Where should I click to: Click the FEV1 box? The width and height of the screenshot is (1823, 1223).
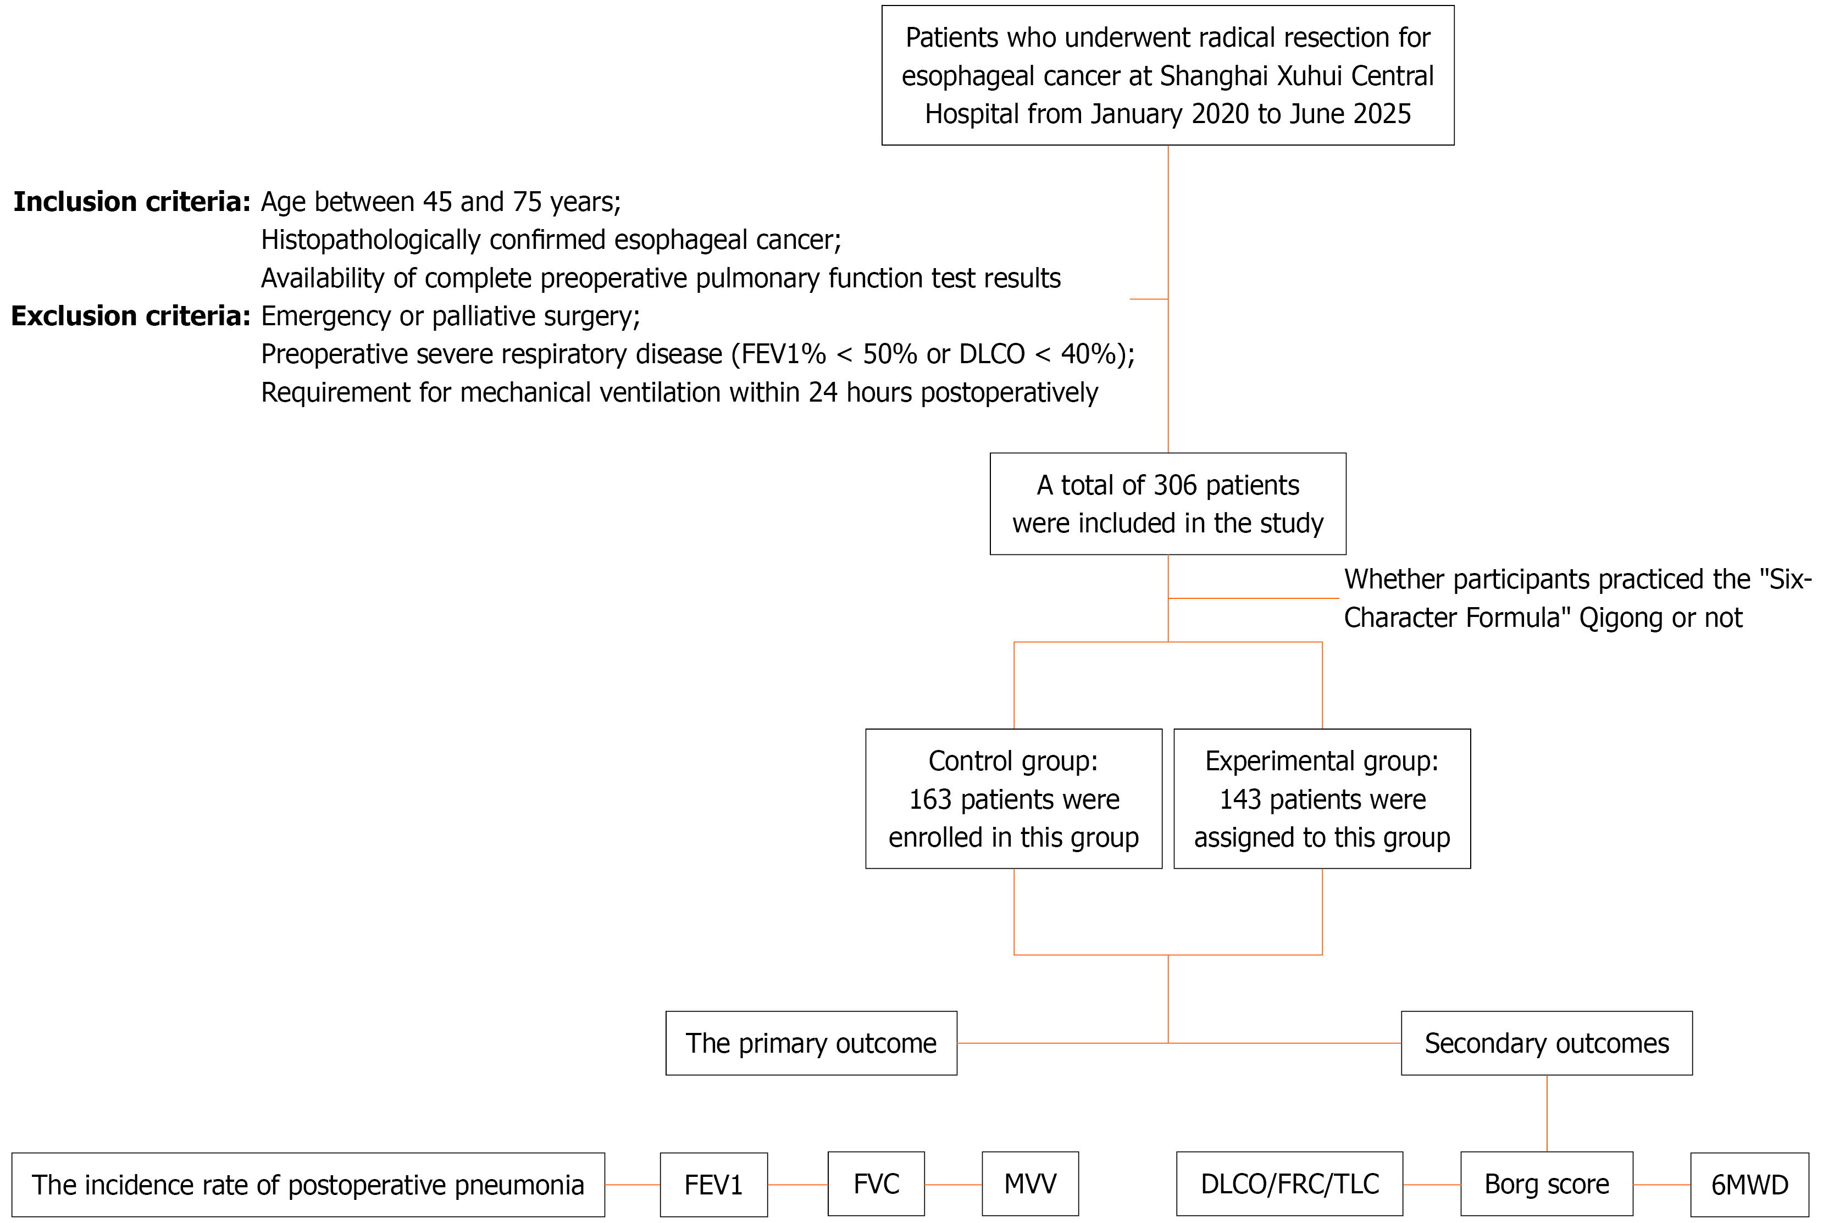(x=713, y=1184)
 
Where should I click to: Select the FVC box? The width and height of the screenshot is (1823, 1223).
(x=876, y=1184)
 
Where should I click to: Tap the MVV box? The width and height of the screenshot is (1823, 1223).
(x=1030, y=1184)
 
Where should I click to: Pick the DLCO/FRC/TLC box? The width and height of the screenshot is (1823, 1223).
(x=1289, y=1184)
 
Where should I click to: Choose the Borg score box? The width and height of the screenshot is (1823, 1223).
(x=1546, y=1184)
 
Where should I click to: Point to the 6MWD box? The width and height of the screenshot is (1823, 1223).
(x=1749, y=1185)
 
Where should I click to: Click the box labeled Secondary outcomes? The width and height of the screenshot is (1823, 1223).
(x=1546, y=1043)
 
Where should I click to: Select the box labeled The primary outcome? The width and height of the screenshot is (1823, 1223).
(x=811, y=1043)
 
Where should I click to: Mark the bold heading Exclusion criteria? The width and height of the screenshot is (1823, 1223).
(x=130, y=316)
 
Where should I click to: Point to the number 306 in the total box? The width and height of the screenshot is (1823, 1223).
(x=1174, y=485)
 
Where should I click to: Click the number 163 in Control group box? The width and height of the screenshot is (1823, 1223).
(x=930, y=799)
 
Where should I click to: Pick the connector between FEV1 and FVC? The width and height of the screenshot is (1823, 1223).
(x=797, y=1184)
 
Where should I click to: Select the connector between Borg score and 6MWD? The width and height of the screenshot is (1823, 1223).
(x=1661, y=1184)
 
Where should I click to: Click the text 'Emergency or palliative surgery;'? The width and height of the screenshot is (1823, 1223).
(x=450, y=316)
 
